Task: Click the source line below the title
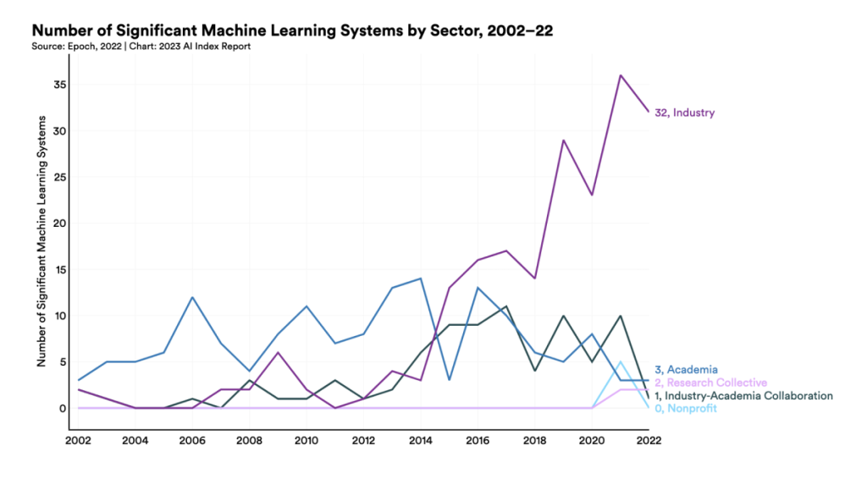click(x=141, y=46)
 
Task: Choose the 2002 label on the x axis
click(x=79, y=440)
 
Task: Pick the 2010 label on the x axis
click(x=306, y=440)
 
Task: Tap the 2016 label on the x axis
click(x=478, y=440)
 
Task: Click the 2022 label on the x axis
click(x=649, y=440)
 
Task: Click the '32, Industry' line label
click(x=684, y=113)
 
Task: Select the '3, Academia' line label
click(x=686, y=370)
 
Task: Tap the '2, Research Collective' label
click(x=710, y=383)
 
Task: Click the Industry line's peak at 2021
click(x=621, y=75)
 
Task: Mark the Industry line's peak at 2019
click(x=564, y=140)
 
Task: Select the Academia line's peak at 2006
click(x=193, y=297)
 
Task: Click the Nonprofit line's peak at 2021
click(x=621, y=362)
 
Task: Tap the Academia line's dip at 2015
click(x=450, y=380)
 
